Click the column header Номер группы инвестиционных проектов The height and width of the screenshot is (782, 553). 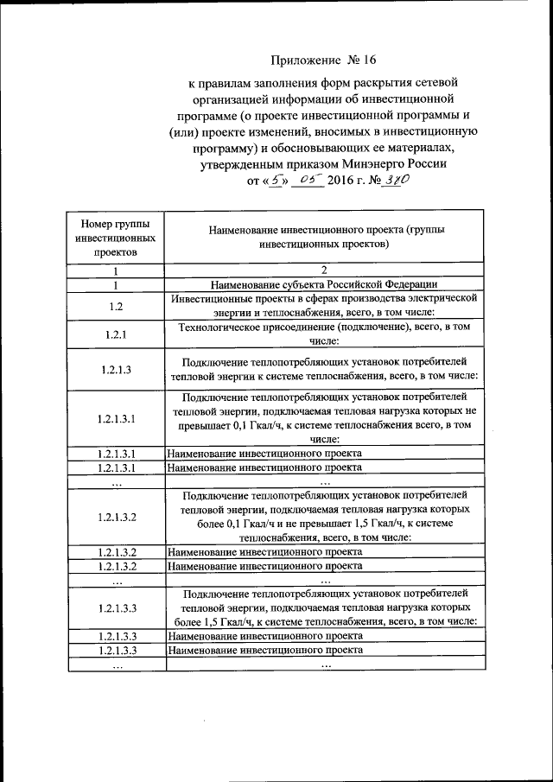[x=116, y=236]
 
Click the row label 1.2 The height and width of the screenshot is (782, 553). [x=116, y=305]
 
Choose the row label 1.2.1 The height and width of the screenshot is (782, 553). [x=116, y=334]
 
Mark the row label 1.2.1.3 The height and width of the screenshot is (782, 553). [x=116, y=369]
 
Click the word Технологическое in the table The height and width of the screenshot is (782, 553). [x=222, y=327]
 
